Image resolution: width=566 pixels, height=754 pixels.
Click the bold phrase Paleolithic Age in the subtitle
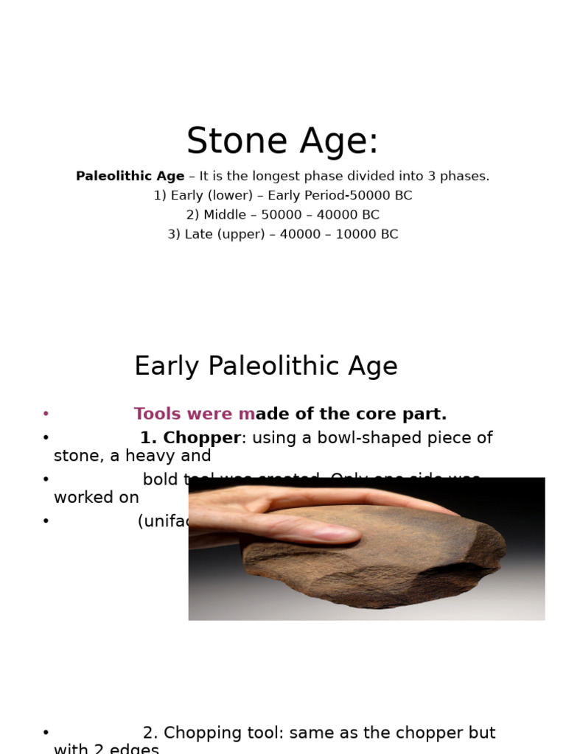[x=130, y=177]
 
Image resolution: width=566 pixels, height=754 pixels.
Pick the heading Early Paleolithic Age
[x=265, y=366]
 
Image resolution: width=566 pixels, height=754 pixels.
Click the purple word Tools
[x=158, y=414]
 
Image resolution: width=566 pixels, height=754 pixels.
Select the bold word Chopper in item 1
[x=201, y=438]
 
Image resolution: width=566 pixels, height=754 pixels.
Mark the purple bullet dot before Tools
[x=46, y=414]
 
